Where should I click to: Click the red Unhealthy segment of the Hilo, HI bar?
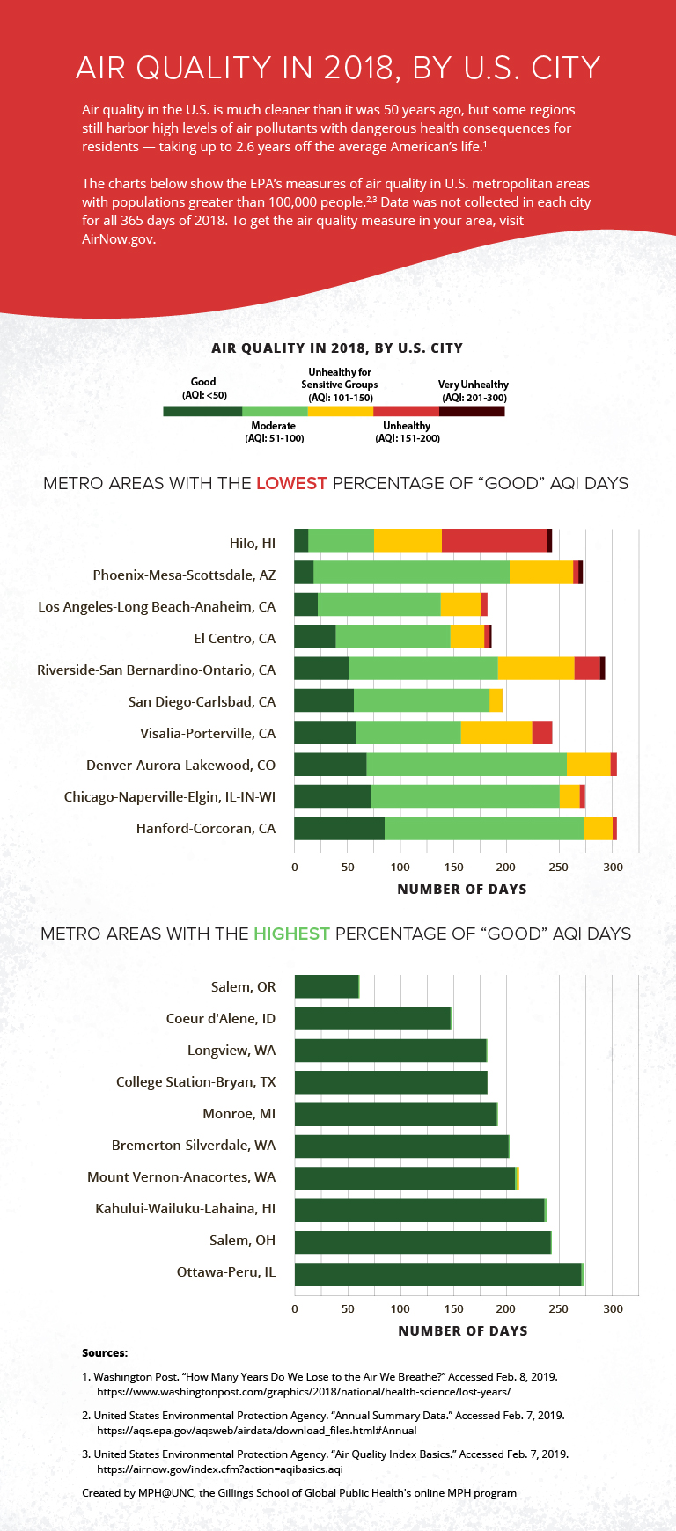pos(494,540)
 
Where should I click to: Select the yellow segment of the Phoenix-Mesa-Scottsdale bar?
pos(541,572)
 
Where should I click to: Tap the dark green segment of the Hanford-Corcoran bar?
pos(339,828)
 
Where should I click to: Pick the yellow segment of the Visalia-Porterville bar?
pos(496,732)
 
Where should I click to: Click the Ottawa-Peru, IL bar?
pos(438,1274)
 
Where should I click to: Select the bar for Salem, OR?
pos(327,986)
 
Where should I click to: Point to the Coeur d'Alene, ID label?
pos(221,1019)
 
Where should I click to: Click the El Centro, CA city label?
pos(235,639)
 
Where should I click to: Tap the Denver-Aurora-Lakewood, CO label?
pos(180,765)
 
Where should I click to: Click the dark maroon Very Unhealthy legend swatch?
pos(472,411)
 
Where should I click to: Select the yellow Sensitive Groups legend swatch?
pos(340,411)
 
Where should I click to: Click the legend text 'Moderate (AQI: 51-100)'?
pos(274,432)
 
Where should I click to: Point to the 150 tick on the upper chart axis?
pos(453,868)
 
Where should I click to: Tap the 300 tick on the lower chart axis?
pos(613,1309)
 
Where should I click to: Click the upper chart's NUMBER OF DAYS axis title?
pos(462,890)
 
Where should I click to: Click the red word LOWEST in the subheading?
pos(291,484)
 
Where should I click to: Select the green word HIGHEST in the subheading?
pos(291,934)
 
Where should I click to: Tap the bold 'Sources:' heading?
pos(105,1353)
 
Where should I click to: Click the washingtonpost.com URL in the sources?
pos(303,1392)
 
